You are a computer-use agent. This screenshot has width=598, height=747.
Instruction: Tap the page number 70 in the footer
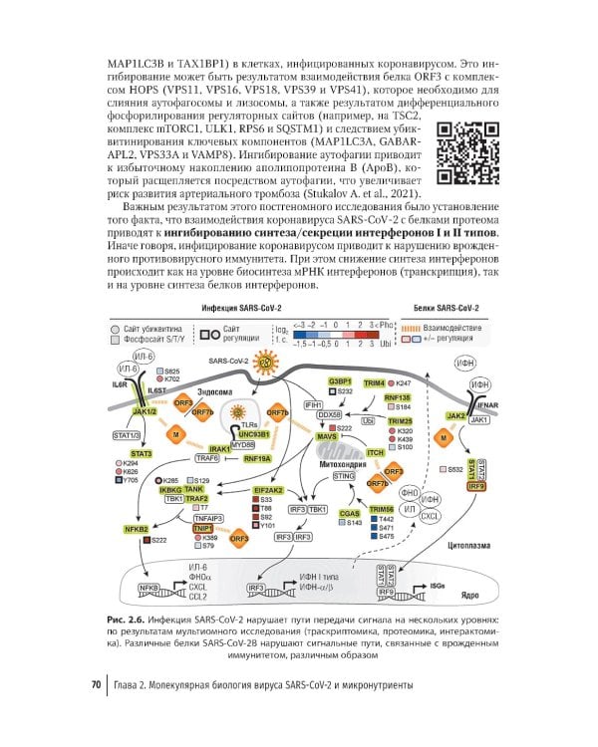click(x=95, y=685)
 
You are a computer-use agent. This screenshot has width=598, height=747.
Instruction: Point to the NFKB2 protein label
click(x=136, y=528)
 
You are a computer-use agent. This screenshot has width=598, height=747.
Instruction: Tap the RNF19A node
click(x=256, y=459)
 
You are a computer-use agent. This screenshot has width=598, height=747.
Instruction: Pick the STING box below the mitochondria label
click(x=344, y=477)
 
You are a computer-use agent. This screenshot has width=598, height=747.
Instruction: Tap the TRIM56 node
click(x=381, y=509)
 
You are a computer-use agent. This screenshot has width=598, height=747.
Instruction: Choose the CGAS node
click(x=350, y=513)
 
